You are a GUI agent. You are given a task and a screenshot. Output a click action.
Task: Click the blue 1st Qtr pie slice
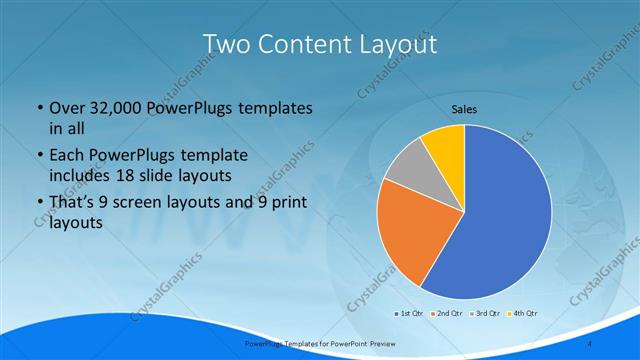point(500,220)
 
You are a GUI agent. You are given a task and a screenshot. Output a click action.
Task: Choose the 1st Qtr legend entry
point(410,313)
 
